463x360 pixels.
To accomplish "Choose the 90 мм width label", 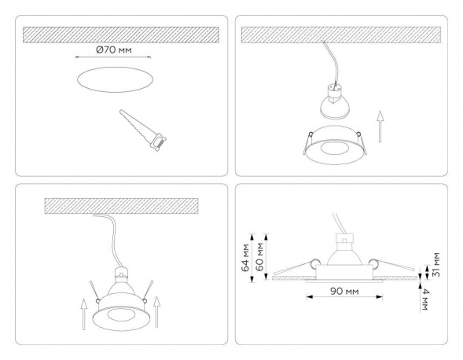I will [x=340, y=292].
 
